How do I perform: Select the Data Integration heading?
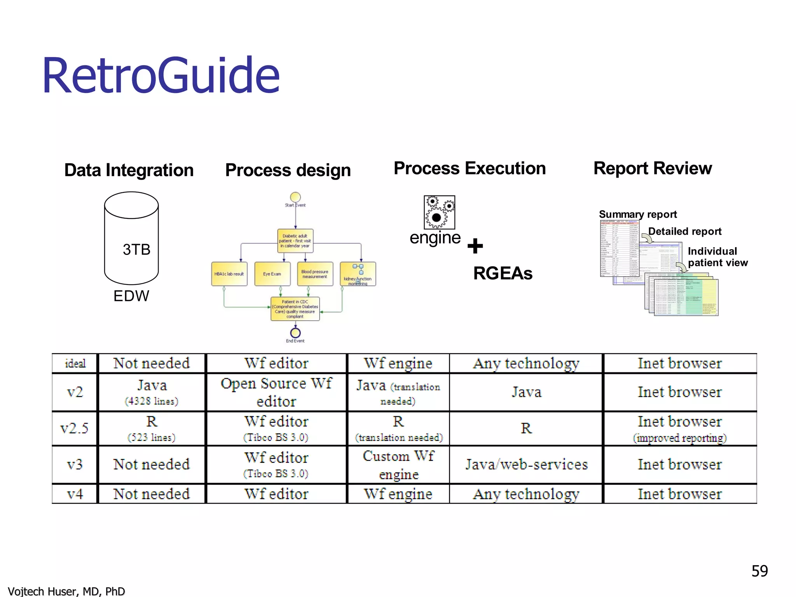click(129, 170)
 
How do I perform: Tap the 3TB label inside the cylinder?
click(136, 250)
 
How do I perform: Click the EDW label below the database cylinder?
click(131, 296)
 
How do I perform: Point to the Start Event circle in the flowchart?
click(295, 197)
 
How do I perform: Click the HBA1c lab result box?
click(229, 274)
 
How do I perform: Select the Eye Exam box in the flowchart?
click(272, 274)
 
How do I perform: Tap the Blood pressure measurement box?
click(315, 274)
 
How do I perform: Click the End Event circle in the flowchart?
click(295, 333)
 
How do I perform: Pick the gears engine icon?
click(439, 212)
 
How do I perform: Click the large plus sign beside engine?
click(475, 246)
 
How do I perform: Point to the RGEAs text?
click(503, 273)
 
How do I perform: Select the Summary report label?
click(637, 215)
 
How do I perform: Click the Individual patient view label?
click(717, 257)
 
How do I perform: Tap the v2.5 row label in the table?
click(74, 428)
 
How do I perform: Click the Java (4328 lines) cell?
click(152, 392)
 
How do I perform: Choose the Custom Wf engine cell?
click(398, 464)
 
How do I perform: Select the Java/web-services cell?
click(526, 464)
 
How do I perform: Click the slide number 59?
click(759, 571)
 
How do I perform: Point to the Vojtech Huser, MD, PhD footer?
click(66, 591)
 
